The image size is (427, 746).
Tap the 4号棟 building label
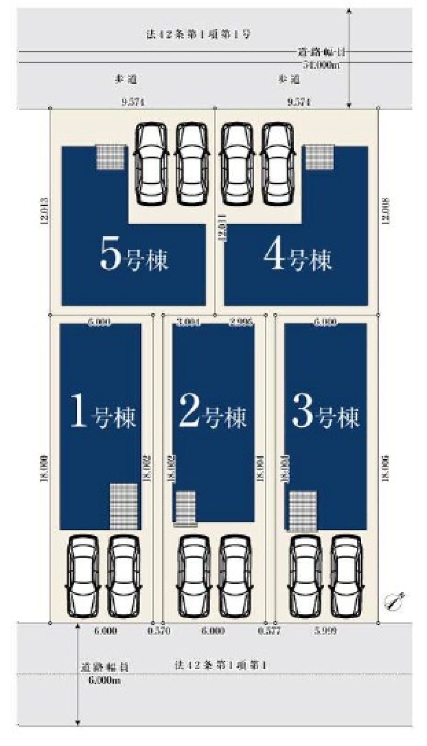[x=297, y=258]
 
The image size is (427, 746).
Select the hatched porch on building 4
[x=319, y=157]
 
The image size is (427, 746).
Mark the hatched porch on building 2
[x=185, y=508]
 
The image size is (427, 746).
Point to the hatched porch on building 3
[x=303, y=511]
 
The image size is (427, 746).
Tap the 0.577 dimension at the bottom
[x=269, y=631]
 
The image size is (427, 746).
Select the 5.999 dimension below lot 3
[x=326, y=631]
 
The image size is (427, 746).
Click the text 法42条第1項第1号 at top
[x=198, y=35]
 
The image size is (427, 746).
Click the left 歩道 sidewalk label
[x=126, y=79]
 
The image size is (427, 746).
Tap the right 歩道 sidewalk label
[x=289, y=79]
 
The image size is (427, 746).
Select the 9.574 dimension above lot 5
[x=133, y=102]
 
